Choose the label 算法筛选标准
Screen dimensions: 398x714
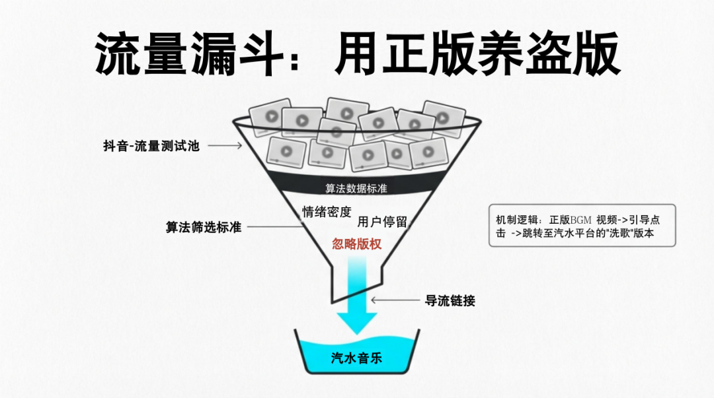203,228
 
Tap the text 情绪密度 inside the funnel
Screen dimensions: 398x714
327,211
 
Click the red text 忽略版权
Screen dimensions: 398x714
356,244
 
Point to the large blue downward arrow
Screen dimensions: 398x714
357,297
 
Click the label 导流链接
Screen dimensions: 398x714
450,300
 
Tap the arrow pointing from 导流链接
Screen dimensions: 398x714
395,300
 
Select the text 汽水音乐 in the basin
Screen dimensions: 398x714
357,358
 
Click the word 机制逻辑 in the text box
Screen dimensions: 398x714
518,220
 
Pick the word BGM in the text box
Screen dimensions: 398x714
580,220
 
